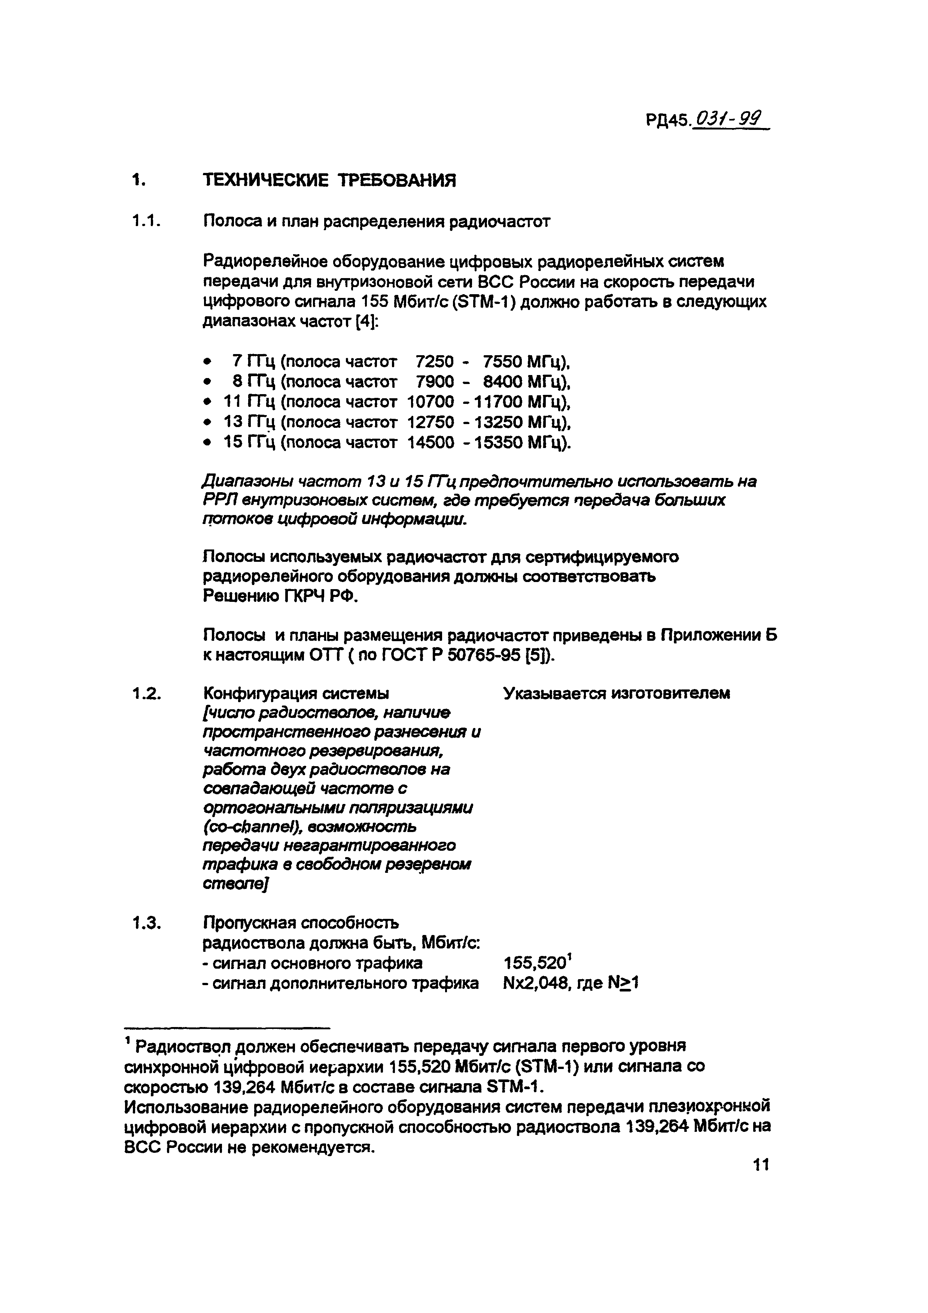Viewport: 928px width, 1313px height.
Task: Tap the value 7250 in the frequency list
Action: coord(435,362)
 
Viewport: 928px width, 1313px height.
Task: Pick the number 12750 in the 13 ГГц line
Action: coord(430,422)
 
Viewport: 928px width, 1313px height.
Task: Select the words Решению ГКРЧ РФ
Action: coord(280,597)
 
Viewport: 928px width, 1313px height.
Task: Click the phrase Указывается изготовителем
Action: coord(617,694)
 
